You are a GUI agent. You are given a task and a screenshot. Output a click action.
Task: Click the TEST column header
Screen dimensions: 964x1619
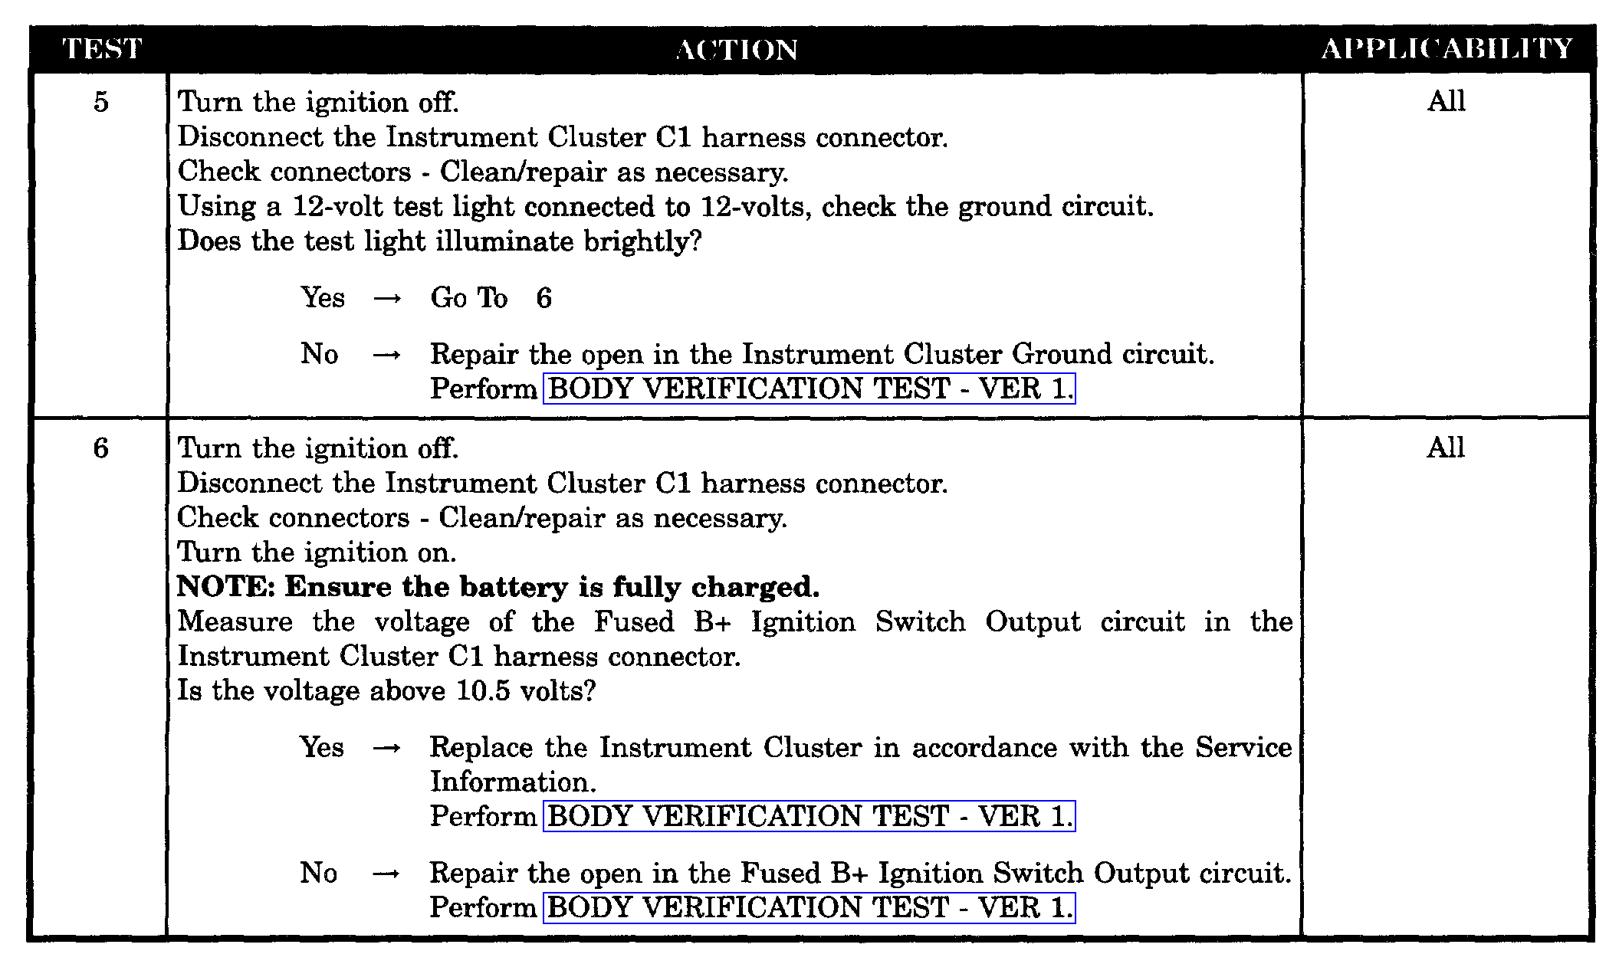tap(101, 50)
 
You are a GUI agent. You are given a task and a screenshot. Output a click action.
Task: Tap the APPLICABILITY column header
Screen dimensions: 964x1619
tap(1447, 50)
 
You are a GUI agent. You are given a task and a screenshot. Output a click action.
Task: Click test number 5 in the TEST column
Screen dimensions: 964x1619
tap(101, 102)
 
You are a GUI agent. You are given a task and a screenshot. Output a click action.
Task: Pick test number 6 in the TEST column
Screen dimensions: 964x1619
tap(101, 448)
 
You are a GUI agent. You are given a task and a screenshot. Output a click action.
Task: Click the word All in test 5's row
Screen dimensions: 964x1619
tap(1446, 101)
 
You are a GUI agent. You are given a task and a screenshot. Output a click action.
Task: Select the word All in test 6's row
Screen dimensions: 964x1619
tap(1446, 448)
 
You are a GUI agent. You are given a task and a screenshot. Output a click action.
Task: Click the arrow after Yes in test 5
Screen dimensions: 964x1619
tap(387, 299)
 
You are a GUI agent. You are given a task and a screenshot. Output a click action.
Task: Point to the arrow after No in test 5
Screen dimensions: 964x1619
tap(387, 355)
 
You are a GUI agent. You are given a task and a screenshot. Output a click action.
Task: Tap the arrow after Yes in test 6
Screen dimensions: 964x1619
tap(386, 748)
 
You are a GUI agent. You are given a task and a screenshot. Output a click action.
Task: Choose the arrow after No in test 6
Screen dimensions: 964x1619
tap(386, 874)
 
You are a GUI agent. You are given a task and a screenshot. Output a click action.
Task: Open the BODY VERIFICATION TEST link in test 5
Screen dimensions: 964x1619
tap(809, 389)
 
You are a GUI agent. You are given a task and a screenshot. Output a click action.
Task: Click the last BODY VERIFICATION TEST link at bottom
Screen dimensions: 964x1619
tap(809, 907)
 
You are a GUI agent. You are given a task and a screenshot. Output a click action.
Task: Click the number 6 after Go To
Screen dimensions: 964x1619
tap(543, 298)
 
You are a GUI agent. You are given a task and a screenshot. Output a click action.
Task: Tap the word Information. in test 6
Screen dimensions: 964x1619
tap(513, 782)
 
